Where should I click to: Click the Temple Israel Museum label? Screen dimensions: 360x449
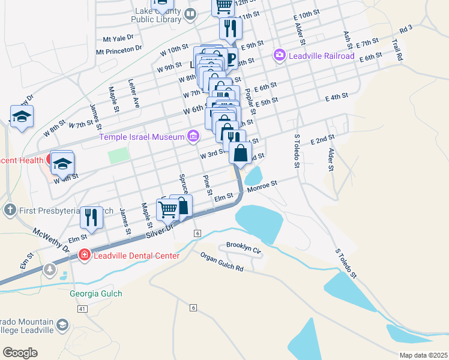pos(142,137)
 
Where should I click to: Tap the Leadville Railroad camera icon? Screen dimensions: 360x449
pos(280,56)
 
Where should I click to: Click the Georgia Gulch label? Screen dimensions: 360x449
pos(96,293)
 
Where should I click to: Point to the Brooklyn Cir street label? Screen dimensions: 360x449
pos(244,247)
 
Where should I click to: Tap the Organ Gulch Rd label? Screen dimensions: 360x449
pos(222,262)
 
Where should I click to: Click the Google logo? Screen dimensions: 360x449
pos(20,353)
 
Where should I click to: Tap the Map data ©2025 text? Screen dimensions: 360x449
pos(423,355)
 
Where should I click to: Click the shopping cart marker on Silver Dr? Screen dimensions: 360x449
pos(168,210)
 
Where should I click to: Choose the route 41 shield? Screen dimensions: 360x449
pos(82,308)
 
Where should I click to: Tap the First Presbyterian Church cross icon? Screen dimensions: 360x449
pos(10,210)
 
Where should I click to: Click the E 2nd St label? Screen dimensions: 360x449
pos(322,140)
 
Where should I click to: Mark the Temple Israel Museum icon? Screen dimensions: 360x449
pos(193,137)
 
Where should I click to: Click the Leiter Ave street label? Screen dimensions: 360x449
pos(134,92)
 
